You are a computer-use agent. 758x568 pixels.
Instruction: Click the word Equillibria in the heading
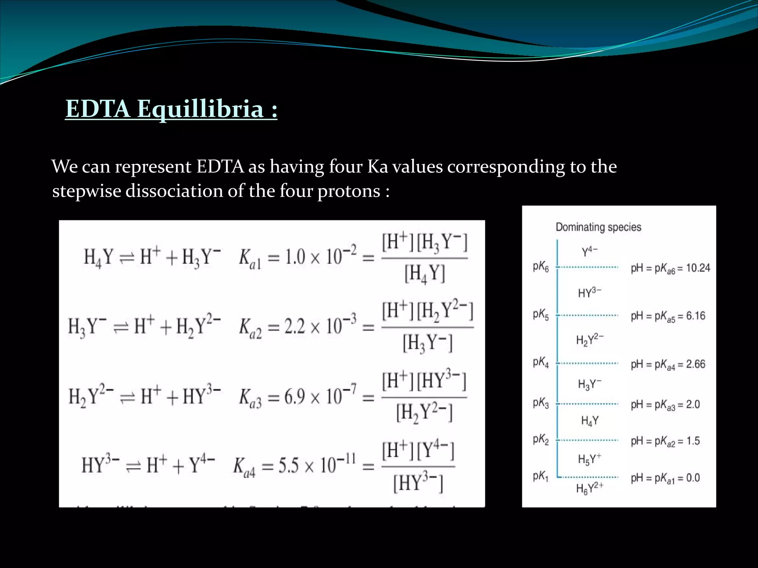pos(200,109)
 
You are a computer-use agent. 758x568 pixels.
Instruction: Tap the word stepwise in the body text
pos(87,191)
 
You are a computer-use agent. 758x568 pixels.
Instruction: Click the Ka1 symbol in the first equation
pos(250,257)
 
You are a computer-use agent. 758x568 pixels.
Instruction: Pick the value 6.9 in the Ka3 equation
pos(295,397)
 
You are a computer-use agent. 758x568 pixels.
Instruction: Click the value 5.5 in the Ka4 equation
pos(288,465)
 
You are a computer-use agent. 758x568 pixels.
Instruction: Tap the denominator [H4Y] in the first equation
pos(424,274)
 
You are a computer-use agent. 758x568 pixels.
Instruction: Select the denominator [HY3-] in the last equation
pos(418,483)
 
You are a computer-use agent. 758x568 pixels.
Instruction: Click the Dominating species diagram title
pos(598,227)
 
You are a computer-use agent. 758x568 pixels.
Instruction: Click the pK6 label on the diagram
pos(541,267)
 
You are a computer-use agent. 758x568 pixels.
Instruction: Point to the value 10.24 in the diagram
pos(698,268)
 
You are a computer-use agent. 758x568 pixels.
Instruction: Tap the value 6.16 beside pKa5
pos(695,316)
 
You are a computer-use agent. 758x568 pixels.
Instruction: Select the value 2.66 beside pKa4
pos(695,364)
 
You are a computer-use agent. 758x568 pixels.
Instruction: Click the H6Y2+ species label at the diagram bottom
pos(590,488)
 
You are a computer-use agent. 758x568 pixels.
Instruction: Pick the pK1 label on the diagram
pos(540,477)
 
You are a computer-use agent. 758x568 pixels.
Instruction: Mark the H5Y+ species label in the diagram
pos(589,459)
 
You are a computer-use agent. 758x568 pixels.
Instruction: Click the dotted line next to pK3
pos(588,404)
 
